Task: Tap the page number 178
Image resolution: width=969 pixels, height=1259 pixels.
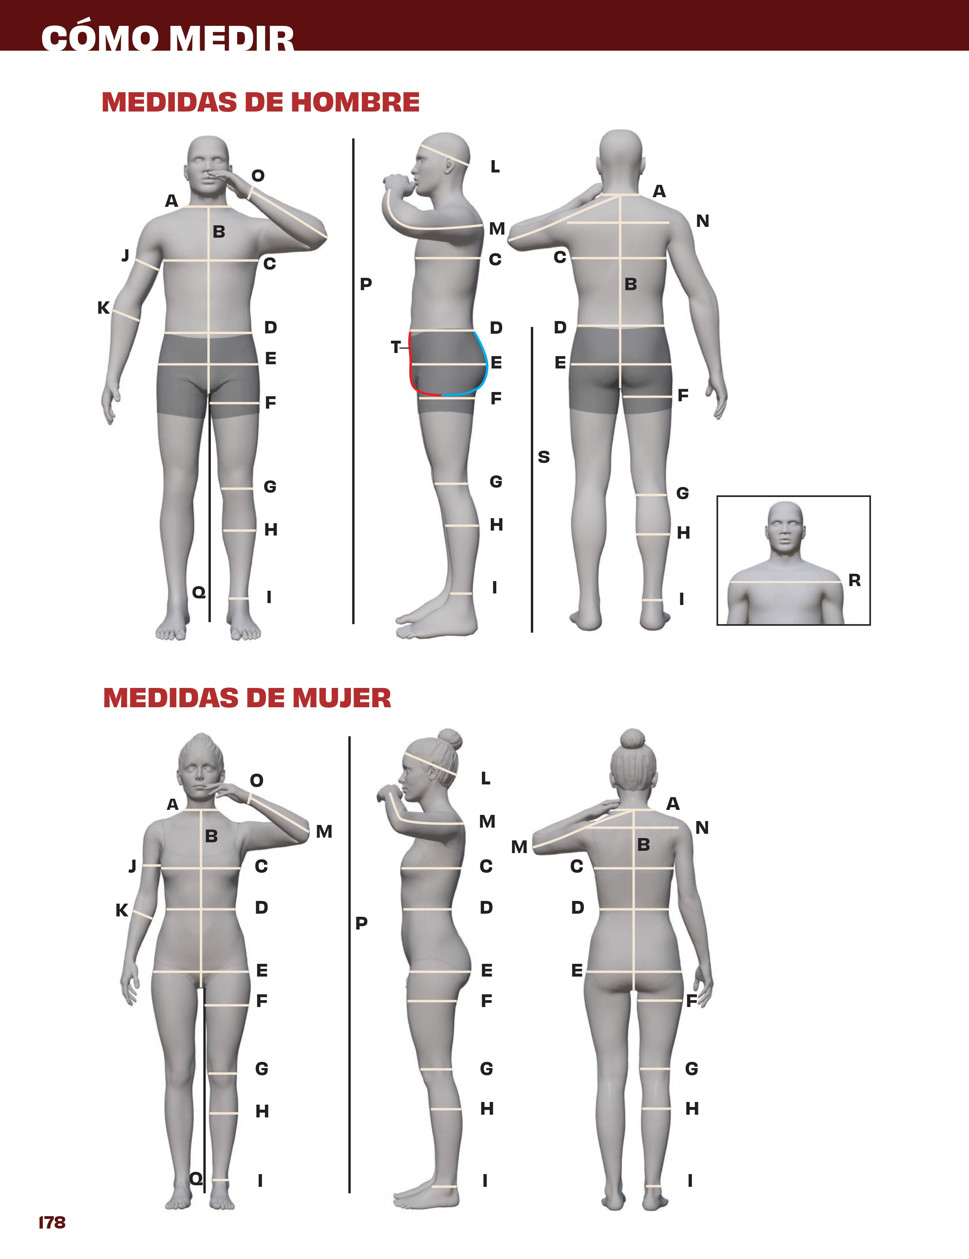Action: [x=52, y=1223]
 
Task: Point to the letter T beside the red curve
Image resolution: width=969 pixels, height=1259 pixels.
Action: [x=395, y=347]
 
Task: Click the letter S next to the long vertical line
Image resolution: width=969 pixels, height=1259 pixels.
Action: [x=544, y=457]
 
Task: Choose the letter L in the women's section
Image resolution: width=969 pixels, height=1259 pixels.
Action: [x=485, y=778]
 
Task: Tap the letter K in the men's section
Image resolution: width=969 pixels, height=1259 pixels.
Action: [x=103, y=308]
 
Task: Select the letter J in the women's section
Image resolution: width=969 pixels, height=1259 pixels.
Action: [x=133, y=866]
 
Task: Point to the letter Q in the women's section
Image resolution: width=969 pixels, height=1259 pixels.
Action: [x=196, y=1178]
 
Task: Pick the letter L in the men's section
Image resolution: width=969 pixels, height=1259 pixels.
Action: [x=495, y=167]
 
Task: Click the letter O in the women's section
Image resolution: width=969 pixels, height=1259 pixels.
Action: [x=256, y=781]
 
